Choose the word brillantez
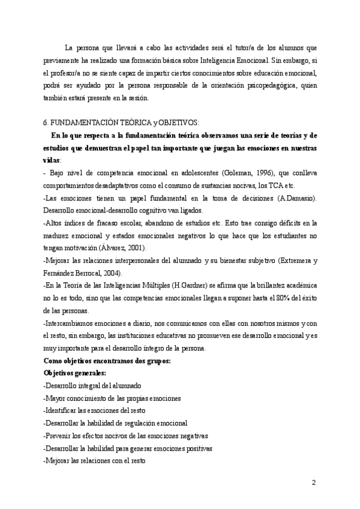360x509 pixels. [x=257, y=286]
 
